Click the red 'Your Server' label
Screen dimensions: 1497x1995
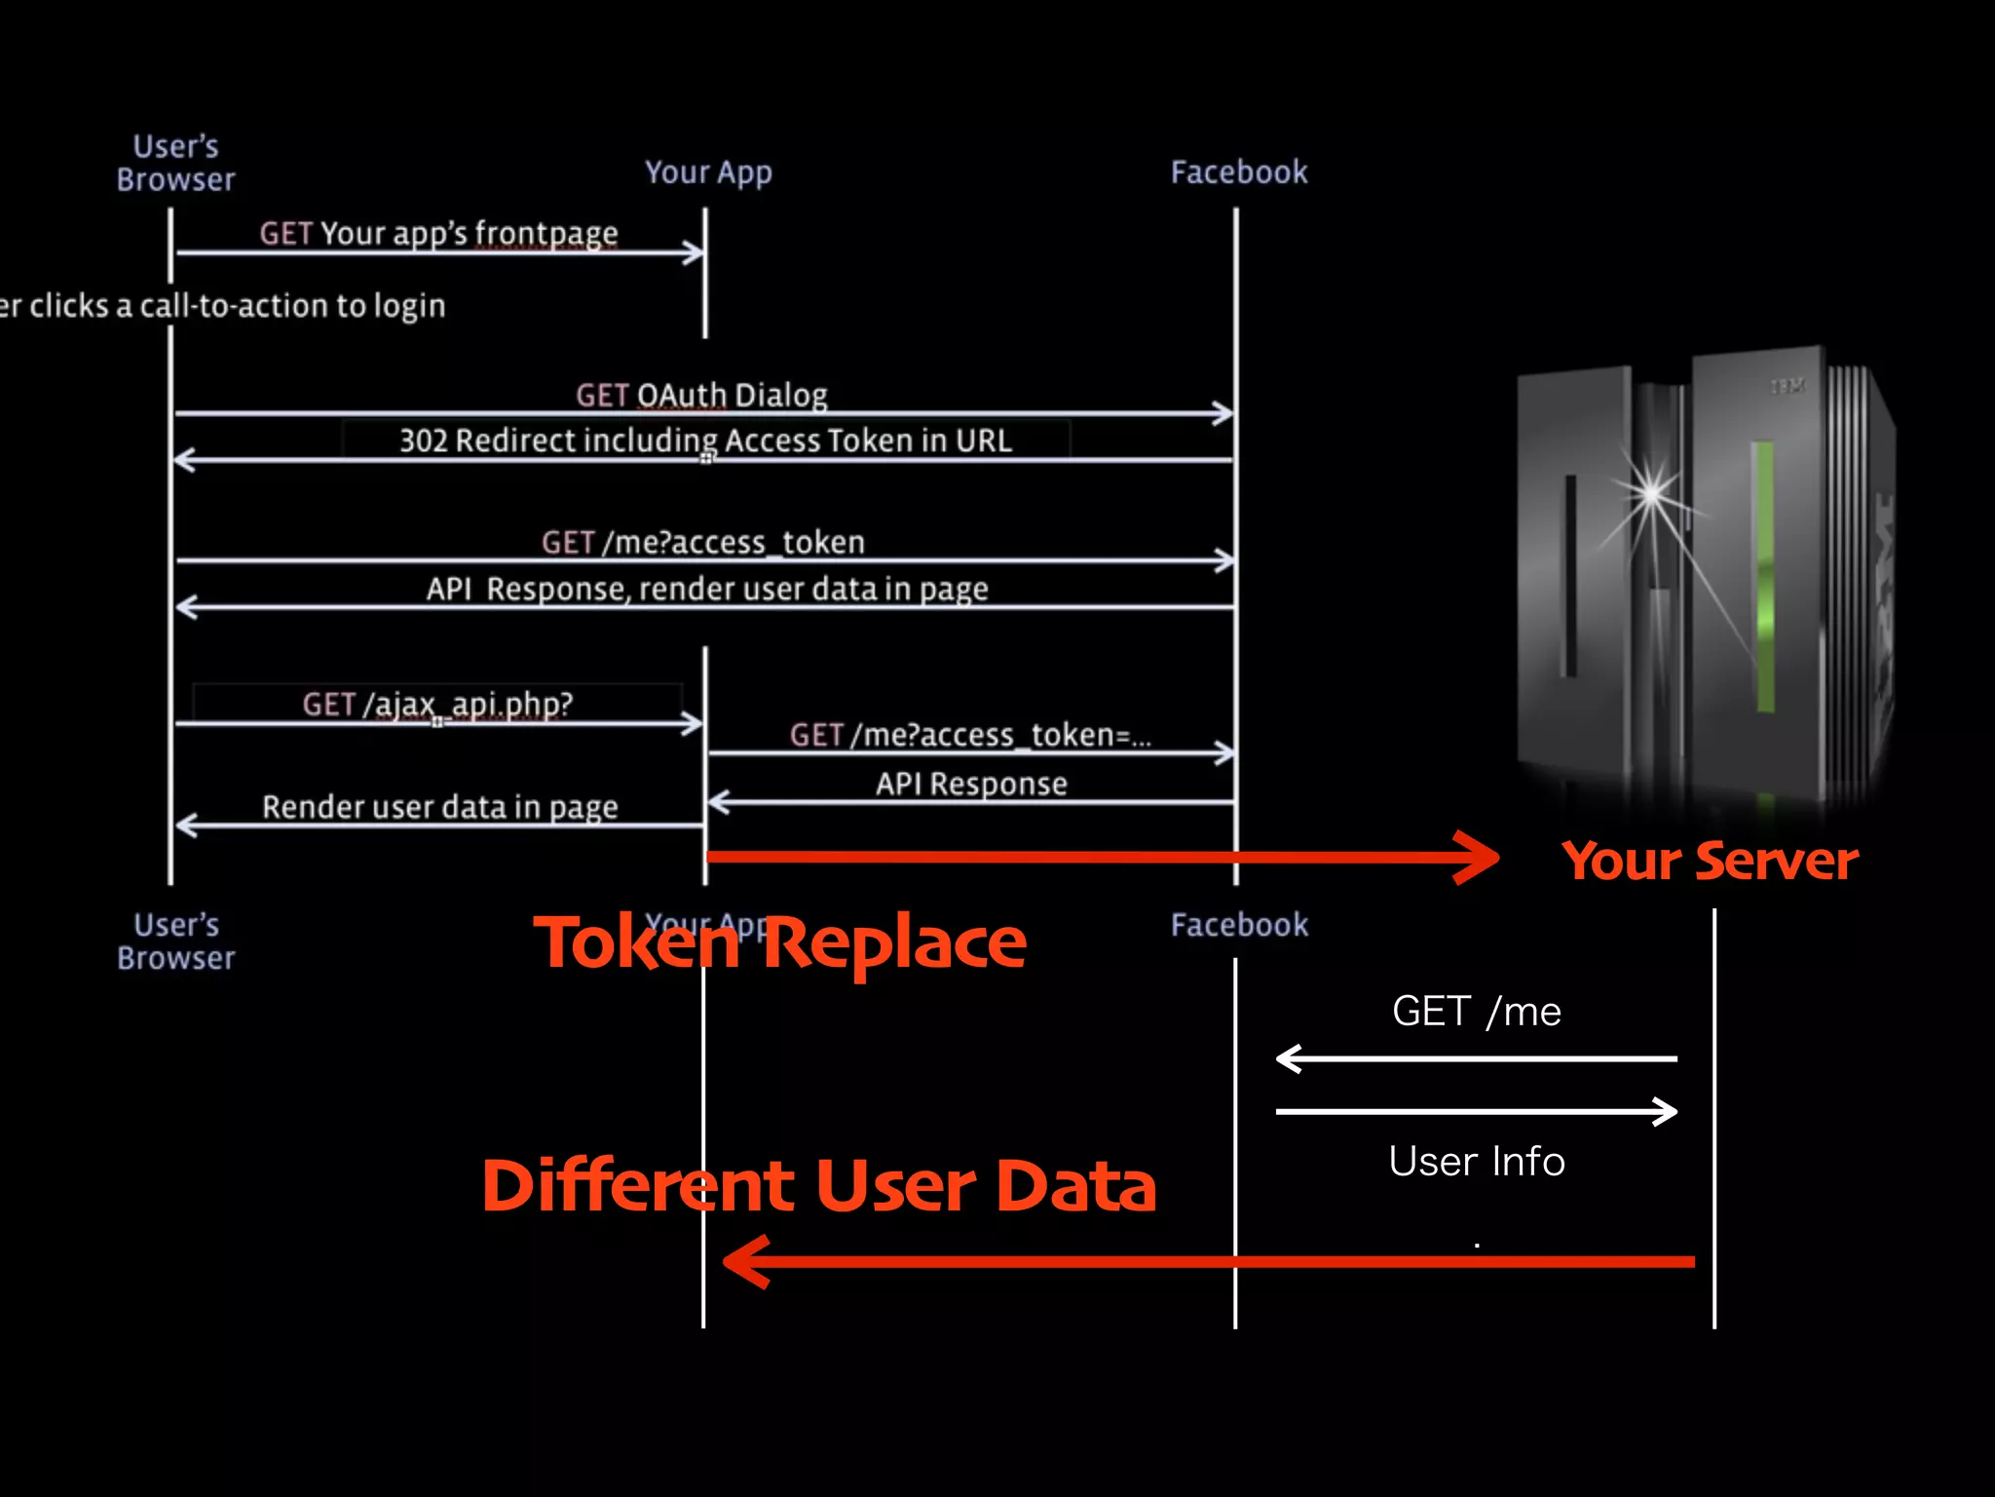coord(1710,862)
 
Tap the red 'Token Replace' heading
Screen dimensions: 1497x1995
coord(780,943)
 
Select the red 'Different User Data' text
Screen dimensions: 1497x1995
coord(818,1186)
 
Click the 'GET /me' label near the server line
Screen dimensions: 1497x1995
coord(1476,1012)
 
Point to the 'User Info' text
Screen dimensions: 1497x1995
coord(1476,1162)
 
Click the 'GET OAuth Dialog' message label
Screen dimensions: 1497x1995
coord(701,396)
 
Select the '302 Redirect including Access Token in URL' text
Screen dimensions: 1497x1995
coord(705,441)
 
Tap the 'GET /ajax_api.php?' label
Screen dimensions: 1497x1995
coord(437,704)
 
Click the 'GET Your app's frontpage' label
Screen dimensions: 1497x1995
coord(438,234)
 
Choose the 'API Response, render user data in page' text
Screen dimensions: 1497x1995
coord(706,589)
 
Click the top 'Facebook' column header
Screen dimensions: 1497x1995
coord(1238,173)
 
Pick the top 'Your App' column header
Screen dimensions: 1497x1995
coord(708,173)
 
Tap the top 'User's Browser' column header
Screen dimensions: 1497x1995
coord(175,163)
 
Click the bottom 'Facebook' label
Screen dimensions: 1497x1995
coord(1239,925)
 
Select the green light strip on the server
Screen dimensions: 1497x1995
coord(1763,575)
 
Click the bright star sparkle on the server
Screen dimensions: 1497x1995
coord(1651,492)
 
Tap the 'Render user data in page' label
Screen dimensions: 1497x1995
coord(439,807)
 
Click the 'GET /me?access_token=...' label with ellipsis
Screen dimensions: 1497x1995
coord(970,735)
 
